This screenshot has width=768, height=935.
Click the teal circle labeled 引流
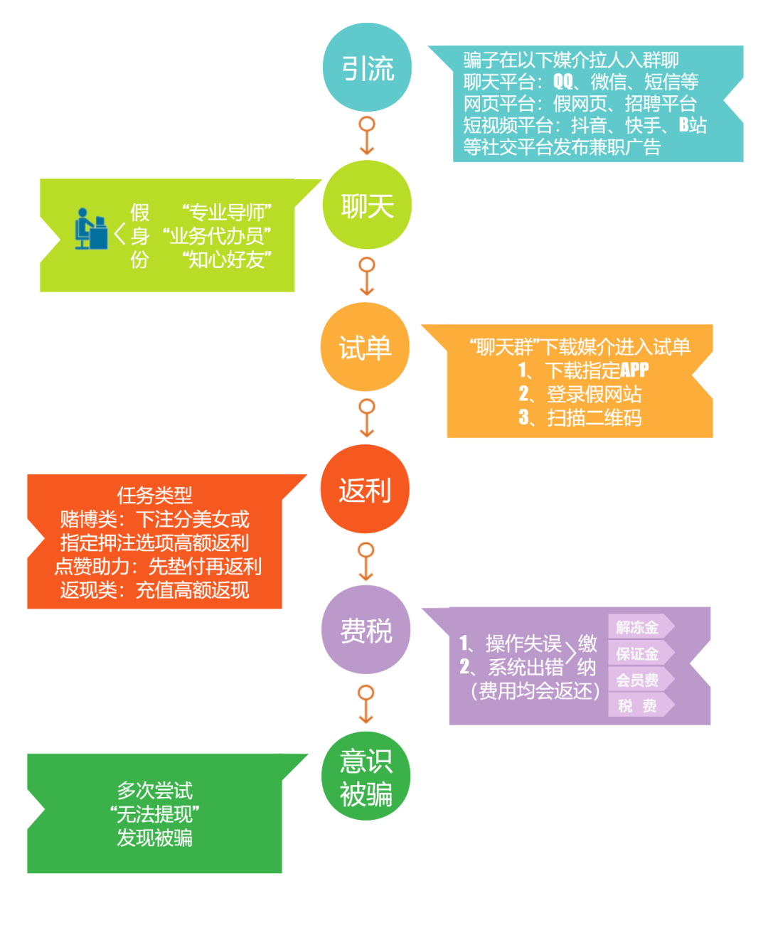tap(367, 68)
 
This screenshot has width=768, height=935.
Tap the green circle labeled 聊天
tap(367, 205)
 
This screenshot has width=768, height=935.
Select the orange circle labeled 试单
tap(365, 348)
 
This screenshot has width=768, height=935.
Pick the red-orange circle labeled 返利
tap(365, 490)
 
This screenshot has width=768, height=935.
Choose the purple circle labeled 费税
tap(366, 630)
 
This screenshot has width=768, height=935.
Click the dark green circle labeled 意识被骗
tap(366, 776)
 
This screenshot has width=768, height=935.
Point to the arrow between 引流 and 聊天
tap(367, 136)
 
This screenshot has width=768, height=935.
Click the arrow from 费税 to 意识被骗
tap(366, 704)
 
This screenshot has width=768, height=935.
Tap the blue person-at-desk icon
tap(90, 229)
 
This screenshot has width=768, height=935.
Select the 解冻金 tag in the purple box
tap(638, 627)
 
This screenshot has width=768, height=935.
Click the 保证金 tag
tap(638, 653)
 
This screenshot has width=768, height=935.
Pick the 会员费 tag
tap(638, 680)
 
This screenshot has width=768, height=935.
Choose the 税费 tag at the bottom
tap(638, 705)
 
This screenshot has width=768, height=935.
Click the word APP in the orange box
tap(634, 370)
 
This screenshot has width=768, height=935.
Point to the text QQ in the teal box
tap(563, 82)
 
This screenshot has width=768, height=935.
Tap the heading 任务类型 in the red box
tap(154, 495)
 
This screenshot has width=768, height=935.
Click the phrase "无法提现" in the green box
tap(154, 814)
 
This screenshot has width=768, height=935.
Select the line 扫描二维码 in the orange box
tap(594, 417)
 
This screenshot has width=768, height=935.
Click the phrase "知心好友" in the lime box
tap(227, 260)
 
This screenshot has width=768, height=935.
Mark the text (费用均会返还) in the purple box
tap(535, 690)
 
